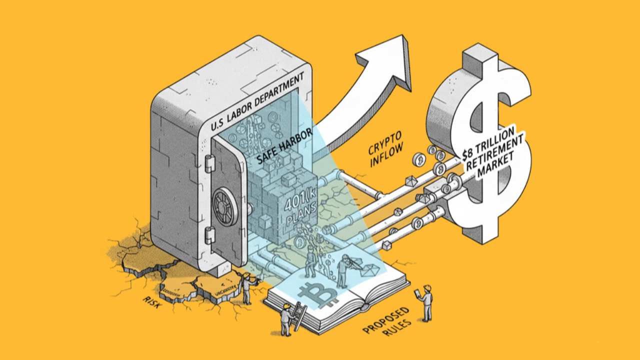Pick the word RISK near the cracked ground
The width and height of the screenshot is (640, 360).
[151, 302]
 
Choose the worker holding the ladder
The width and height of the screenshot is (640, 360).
[286, 318]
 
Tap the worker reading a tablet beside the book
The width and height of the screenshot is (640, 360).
[426, 302]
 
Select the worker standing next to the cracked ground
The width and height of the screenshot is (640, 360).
[246, 288]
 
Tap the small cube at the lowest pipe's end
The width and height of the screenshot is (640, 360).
[386, 245]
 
